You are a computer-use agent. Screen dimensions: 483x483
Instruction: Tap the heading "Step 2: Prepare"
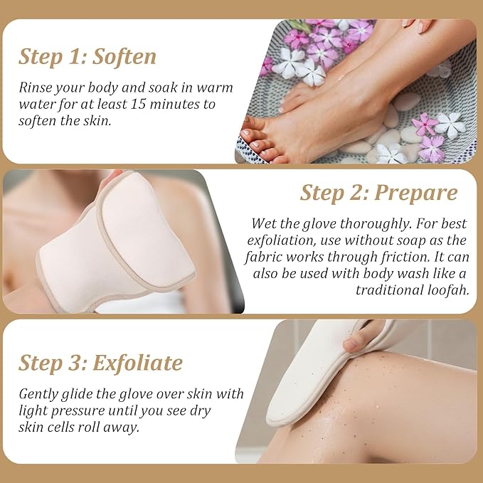378,192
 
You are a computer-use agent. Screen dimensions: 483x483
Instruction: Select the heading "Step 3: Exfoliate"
100,363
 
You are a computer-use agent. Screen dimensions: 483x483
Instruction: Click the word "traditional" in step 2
390,290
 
